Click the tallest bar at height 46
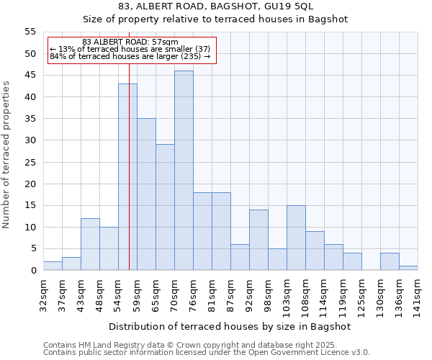click(x=184, y=171)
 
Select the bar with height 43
click(x=127, y=177)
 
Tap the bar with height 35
click(x=146, y=194)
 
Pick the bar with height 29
click(x=165, y=207)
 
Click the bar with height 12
click(x=90, y=244)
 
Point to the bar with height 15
click(x=296, y=238)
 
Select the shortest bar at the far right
click(x=408, y=268)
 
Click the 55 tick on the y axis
click(x=30, y=32)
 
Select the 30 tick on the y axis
click(x=30, y=140)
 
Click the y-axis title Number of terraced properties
click(x=6, y=155)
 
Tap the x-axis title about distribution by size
click(x=230, y=326)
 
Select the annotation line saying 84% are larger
click(x=130, y=56)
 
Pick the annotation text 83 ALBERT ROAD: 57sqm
click(x=130, y=42)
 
